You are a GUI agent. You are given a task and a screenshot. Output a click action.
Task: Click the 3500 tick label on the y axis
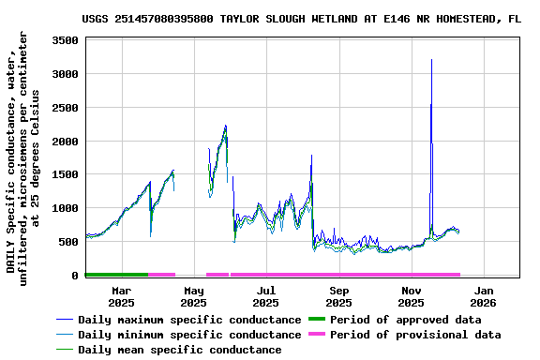(x=63, y=40)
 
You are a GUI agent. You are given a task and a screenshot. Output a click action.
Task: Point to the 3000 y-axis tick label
(x=63, y=74)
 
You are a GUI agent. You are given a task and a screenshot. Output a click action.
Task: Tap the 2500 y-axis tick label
(x=63, y=108)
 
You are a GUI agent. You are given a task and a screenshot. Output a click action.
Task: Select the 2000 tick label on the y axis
(x=63, y=142)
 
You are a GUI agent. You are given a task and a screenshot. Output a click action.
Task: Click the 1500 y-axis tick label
(x=63, y=174)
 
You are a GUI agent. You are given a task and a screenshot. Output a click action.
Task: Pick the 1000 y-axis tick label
(x=63, y=208)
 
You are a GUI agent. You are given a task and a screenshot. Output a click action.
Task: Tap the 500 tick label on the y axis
(x=67, y=242)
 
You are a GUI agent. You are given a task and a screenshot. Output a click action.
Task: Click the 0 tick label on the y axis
(x=74, y=276)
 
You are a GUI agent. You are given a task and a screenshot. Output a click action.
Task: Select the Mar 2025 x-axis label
(x=121, y=296)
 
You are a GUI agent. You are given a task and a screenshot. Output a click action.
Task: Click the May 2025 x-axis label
(x=193, y=296)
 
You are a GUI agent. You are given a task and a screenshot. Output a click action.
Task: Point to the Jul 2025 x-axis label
(x=266, y=296)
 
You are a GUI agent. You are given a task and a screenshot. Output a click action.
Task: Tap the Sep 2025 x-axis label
(x=338, y=296)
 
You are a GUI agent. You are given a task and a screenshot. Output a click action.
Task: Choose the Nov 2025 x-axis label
(x=411, y=296)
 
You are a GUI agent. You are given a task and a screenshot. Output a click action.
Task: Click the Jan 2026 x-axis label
(x=483, y=296)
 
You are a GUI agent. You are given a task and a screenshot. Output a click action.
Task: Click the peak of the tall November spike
(x=431, y=60)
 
